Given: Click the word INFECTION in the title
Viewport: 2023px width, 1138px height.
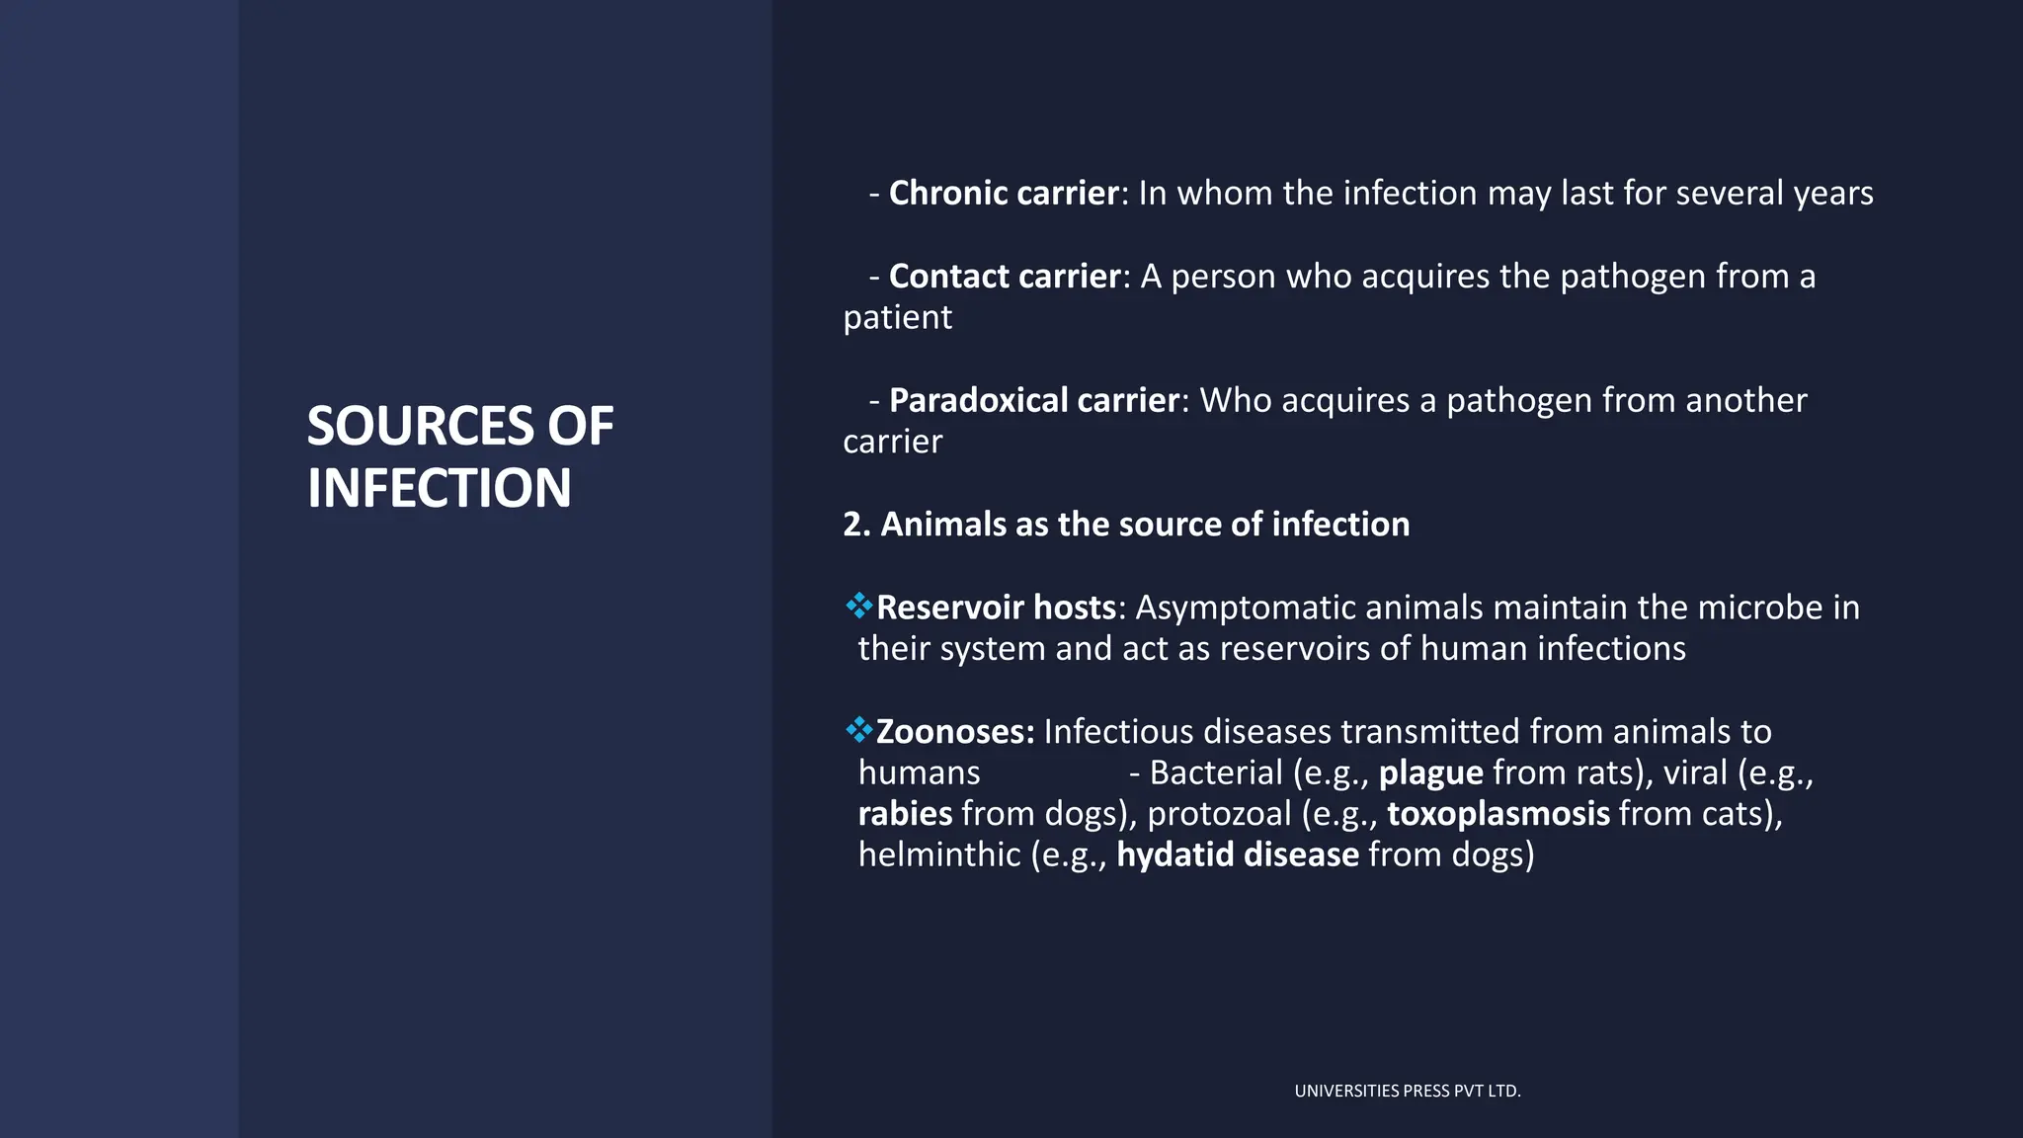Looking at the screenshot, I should (439, 488).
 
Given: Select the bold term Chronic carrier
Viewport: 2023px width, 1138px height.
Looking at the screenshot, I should (1004, 193).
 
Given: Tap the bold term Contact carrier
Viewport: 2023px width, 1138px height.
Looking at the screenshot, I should (1005, 276).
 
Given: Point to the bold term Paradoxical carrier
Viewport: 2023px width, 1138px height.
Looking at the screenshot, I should (1033, 400).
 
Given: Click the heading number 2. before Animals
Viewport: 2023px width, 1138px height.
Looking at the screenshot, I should (856, 525).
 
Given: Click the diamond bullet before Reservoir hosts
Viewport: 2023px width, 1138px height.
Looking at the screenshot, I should (858, 605).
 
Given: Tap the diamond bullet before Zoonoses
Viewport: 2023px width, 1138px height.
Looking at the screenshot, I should (858, 729).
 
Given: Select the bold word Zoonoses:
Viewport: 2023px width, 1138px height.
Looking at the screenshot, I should (954, 732).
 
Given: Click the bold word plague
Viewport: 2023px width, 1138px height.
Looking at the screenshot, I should (1430, 772).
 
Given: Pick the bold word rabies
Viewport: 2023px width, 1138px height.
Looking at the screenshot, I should (905, 814).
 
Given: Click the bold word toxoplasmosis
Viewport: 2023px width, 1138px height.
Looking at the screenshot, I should (1497, 814).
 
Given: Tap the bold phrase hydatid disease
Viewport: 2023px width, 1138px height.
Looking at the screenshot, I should (1237, 854).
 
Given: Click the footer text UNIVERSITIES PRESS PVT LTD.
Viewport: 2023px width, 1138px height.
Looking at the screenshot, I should (1407, 1091).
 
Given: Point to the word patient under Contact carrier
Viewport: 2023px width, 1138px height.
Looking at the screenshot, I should (897, 318).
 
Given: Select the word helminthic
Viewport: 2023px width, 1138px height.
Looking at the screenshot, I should (938, 854).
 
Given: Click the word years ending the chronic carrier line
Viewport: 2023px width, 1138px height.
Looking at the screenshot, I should (1832, 194).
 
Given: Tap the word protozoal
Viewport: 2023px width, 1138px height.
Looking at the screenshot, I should (1218, 814).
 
